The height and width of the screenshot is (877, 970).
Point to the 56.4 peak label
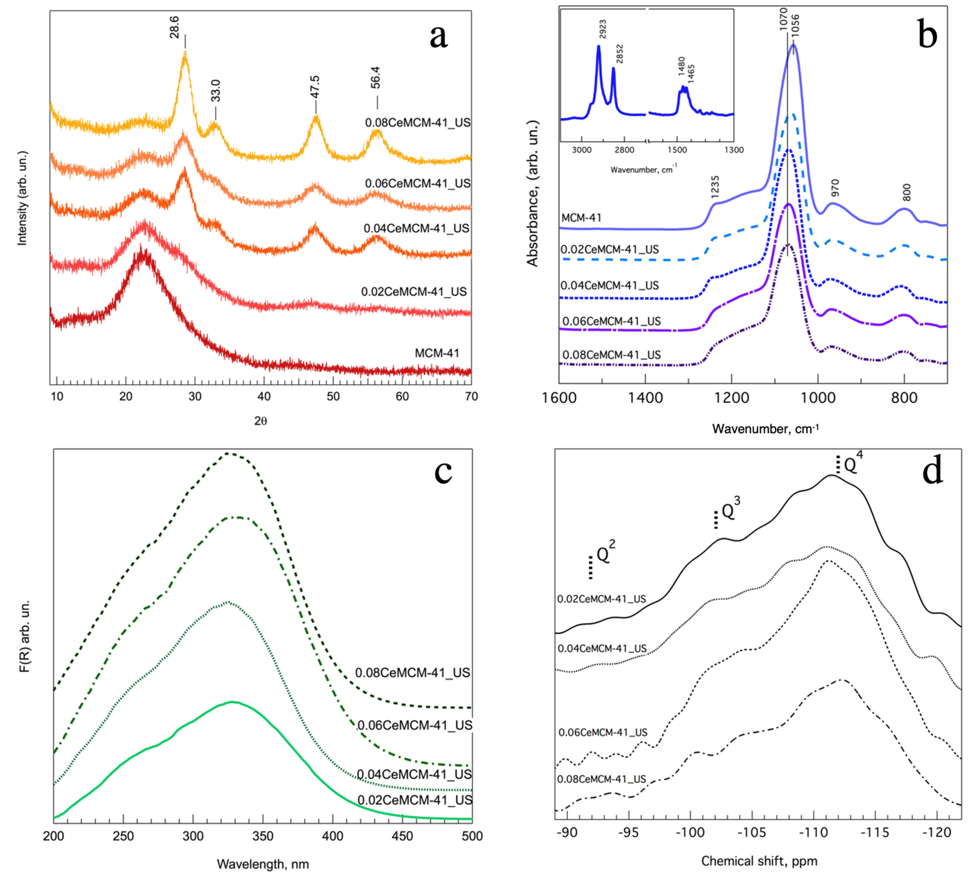376,78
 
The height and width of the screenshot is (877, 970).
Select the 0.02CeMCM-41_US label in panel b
609,249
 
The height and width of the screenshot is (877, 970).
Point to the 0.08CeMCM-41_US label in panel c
412,673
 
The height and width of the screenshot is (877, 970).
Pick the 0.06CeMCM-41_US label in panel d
602,732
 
